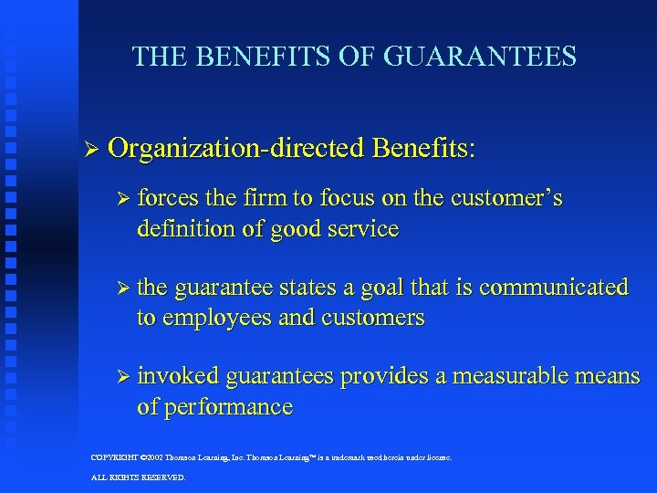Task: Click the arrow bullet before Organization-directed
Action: click(x=89, y=148)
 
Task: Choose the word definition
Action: click(x=183, y=228)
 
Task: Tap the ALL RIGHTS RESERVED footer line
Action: click(x=138, y=477)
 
